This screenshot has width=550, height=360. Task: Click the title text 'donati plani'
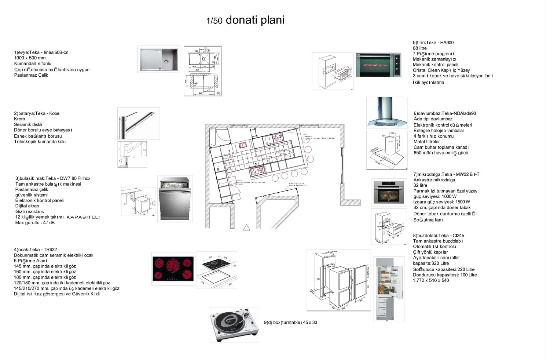click(x=255, y=20)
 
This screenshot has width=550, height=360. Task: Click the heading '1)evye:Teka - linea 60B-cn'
click(x=41, y=52)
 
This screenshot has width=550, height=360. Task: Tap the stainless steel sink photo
click(x=159, y=59)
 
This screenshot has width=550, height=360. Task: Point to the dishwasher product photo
click(x=175, y=199)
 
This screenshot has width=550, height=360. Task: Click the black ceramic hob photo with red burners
click(x=173, y=269)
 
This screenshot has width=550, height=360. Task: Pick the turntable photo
click(x=234, y=325)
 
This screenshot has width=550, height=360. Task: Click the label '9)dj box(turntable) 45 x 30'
click(x=290, y=323)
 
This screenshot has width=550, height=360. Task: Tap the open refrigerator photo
click(x=389, y=289)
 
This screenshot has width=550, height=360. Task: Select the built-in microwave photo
click(x=389, y=192)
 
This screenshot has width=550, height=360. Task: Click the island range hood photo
click(x=387, y=113)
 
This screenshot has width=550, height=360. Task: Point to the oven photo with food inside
click(x=378, y=65)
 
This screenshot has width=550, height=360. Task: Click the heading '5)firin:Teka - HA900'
click(x=433, y=43)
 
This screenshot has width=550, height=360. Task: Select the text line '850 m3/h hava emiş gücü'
click(x=441, y=153)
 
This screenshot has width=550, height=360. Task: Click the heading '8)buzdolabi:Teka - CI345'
click(x=439, y=236)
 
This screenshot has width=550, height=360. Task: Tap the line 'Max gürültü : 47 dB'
click(x=35, y=223)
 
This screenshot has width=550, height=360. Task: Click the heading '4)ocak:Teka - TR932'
click(x=35, y=250)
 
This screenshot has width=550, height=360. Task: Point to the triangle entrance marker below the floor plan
click(x=246, y=228)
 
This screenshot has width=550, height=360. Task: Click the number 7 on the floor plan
click(x=230, y=151)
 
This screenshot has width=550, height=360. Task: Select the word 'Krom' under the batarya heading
click(x=19, y=119)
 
